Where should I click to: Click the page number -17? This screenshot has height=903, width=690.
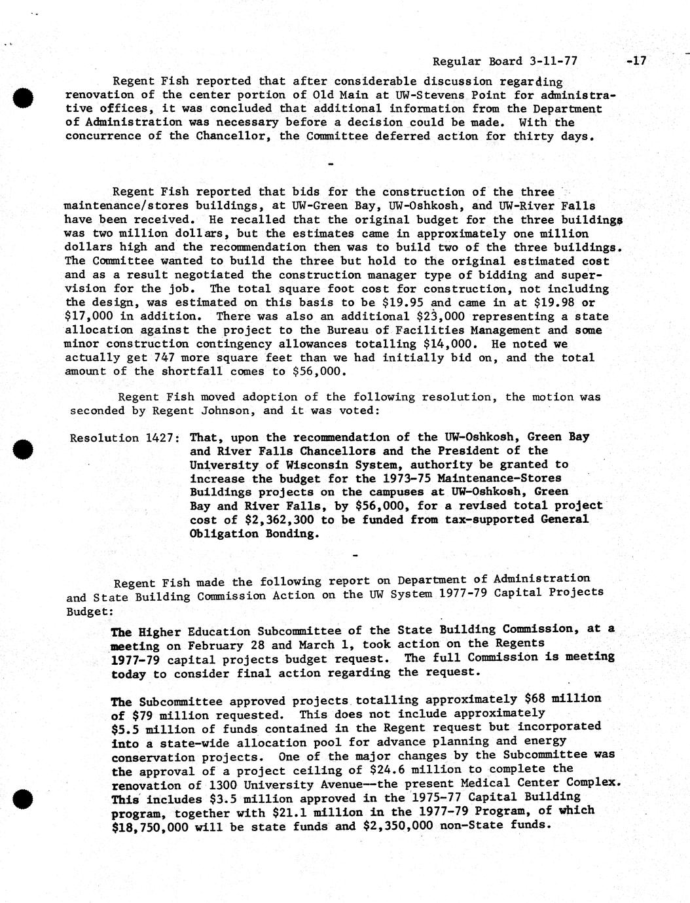[636, 62]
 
